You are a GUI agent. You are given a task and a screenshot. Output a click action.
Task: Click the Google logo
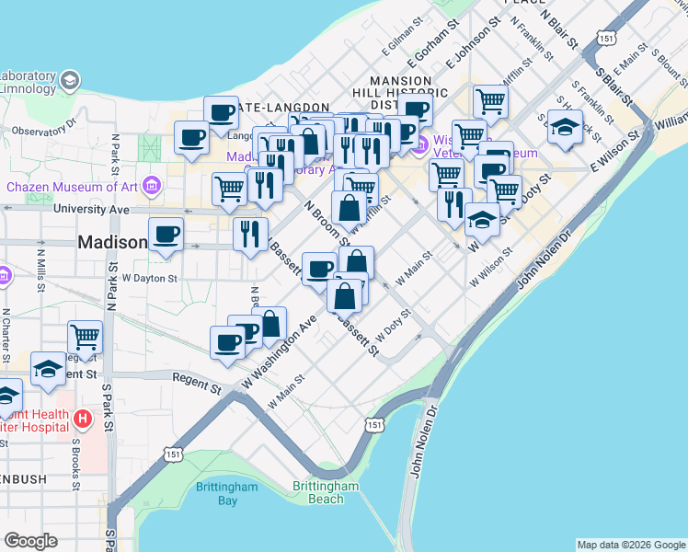point(30,541)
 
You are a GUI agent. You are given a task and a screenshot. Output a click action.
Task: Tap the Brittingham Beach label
point(325,492)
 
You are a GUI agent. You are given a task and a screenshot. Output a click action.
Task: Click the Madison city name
point(112,243)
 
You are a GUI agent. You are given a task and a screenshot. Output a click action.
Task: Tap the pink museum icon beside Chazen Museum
point(152,188)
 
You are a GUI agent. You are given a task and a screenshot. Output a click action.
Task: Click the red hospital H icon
point(84,420)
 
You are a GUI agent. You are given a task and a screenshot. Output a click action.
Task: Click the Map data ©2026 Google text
point(631,544)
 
